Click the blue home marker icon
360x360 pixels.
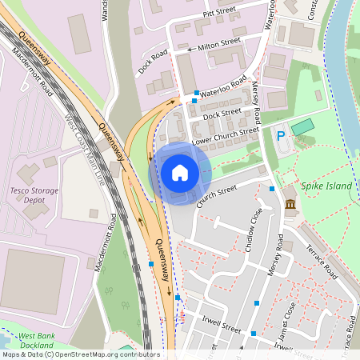pos(180,173)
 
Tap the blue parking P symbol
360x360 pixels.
pos(281,136)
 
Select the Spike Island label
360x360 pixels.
pos(326,185)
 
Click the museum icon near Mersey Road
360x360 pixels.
pos(289,207)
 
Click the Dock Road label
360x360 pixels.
pos(153,62)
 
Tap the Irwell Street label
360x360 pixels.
pos(222,328)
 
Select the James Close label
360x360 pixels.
pos(286,317)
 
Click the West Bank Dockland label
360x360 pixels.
pos(36,340)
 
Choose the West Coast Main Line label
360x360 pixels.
pos(85,152)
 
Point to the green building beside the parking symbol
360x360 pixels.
pos(303,126)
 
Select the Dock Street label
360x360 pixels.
pos(222,114)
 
